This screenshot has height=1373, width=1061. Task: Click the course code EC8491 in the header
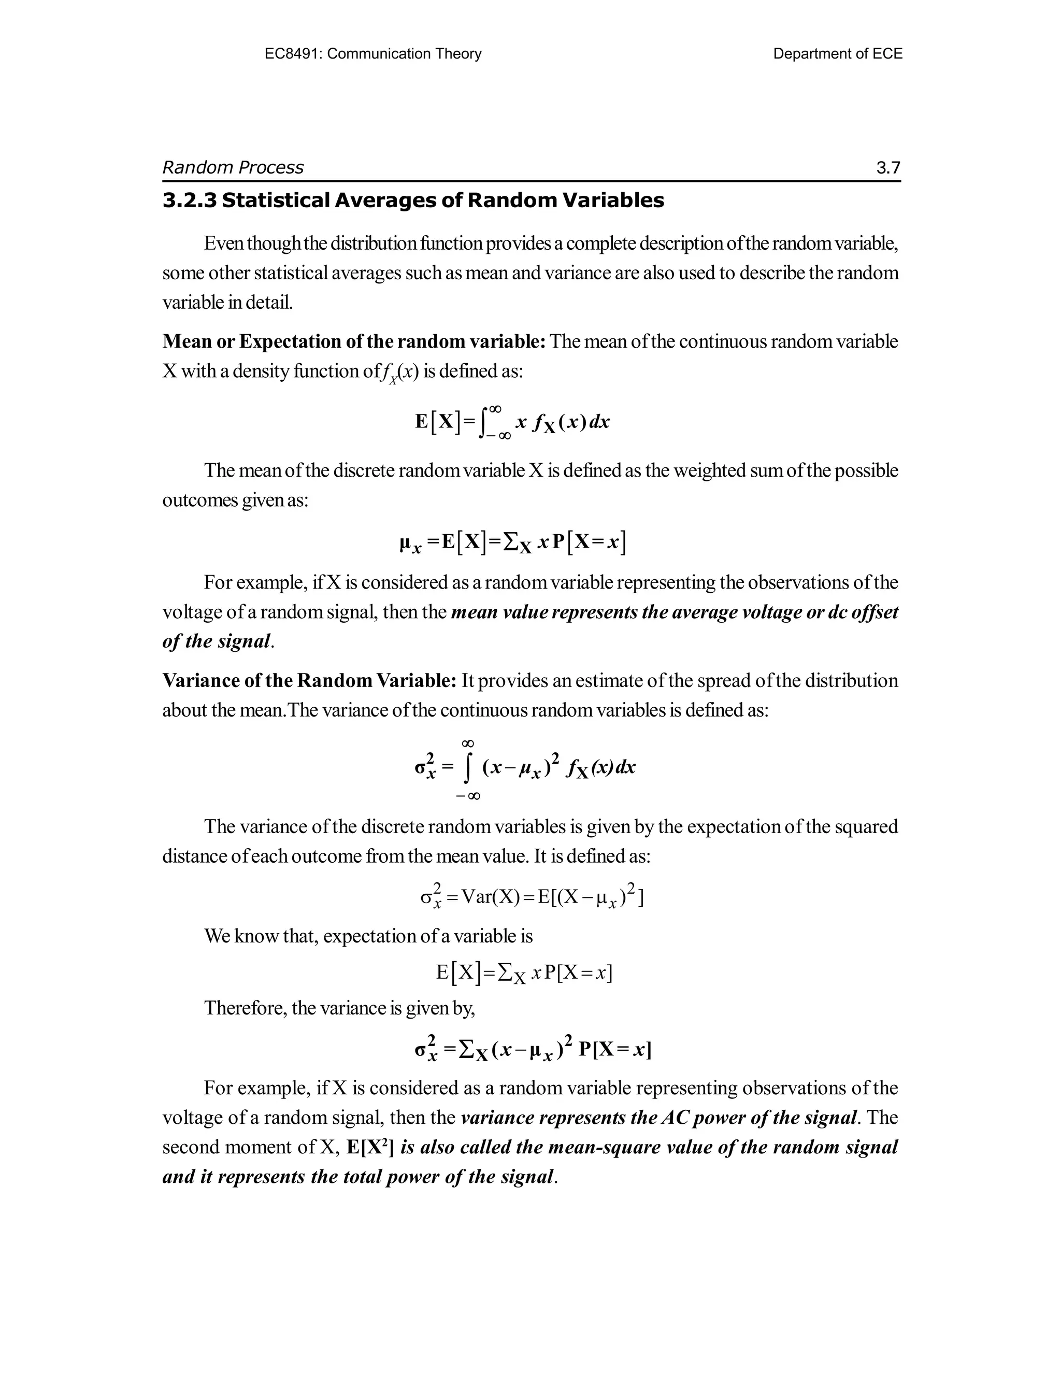click(x=293, y=54)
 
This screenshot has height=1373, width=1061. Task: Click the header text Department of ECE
click(x=837, y=54)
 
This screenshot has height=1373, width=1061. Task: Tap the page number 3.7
click(x=888, y=168)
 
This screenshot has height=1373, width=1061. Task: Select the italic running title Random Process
click(x=233, y=168)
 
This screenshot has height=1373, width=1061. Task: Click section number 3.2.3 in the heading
click(x=189, y=201)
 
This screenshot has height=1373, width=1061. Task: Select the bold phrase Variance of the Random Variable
click(x=309, y=681)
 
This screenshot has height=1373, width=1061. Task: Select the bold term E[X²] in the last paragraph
click(x=370, y=1147)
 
